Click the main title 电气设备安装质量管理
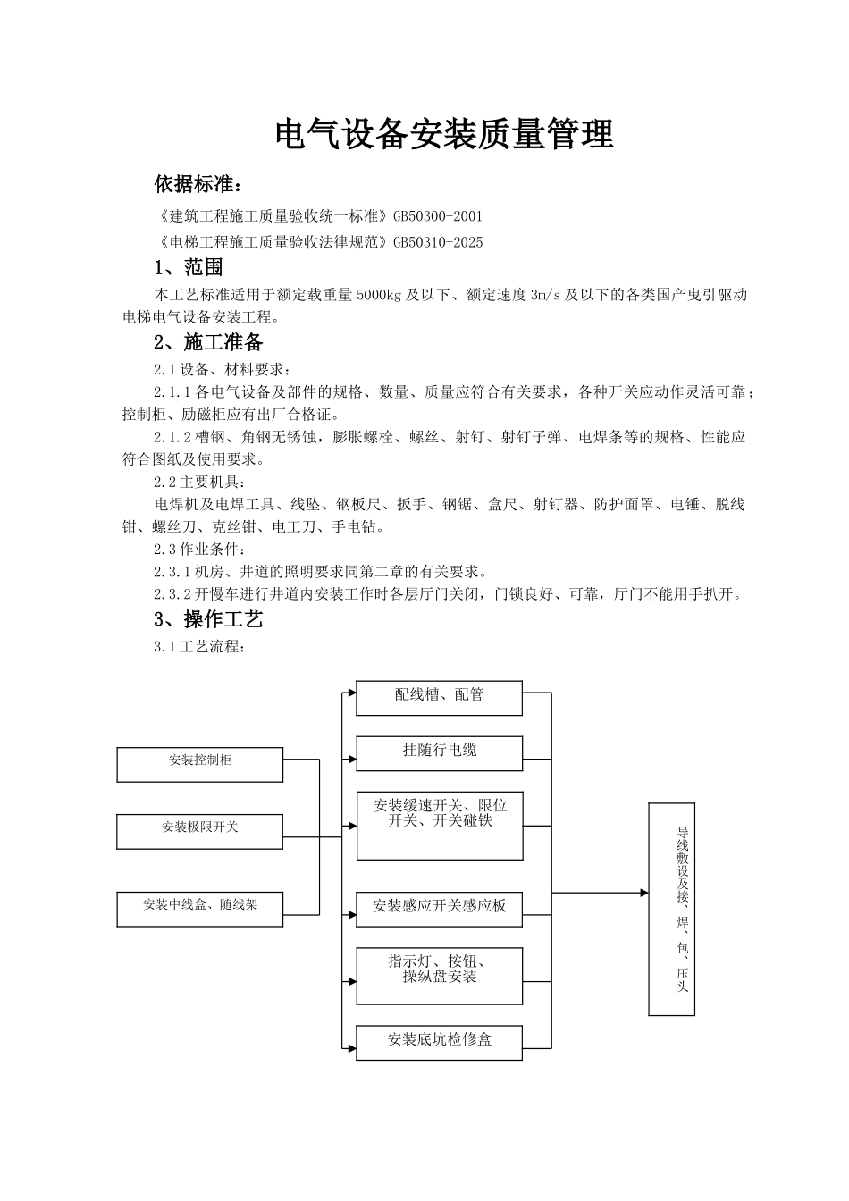(x=444, y=135)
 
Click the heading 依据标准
(x=198, y=185)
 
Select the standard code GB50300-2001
(x=437, y=216)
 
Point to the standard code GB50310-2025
(x=437, y=242)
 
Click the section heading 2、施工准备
(x=208, y=342)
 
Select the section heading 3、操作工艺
(x=208, y=619)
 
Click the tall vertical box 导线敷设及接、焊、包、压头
(x=671, y=909)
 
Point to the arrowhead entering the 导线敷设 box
(x=643, y=893)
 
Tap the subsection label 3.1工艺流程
(x=198, y=646)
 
